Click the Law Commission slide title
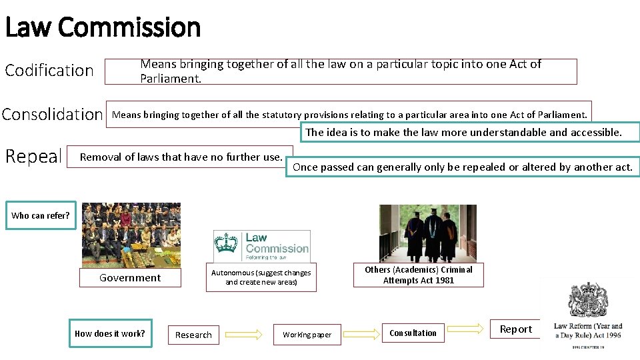coord(103,27)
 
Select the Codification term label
coord(49,70)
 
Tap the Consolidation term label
coord(53,115)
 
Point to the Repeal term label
coord(33,157)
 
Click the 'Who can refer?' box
coord(41,215)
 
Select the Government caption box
coord(130,277)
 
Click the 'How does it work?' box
coord(110,333)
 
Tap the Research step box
coord(193,335)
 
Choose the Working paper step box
coord(307,335)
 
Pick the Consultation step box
coord(413,333)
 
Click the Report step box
coord(516,329)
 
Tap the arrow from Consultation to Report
coord(464,328)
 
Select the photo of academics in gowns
coord(428,233)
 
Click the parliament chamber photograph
coord(131,235)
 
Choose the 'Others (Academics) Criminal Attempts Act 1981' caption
coord(419,275)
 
